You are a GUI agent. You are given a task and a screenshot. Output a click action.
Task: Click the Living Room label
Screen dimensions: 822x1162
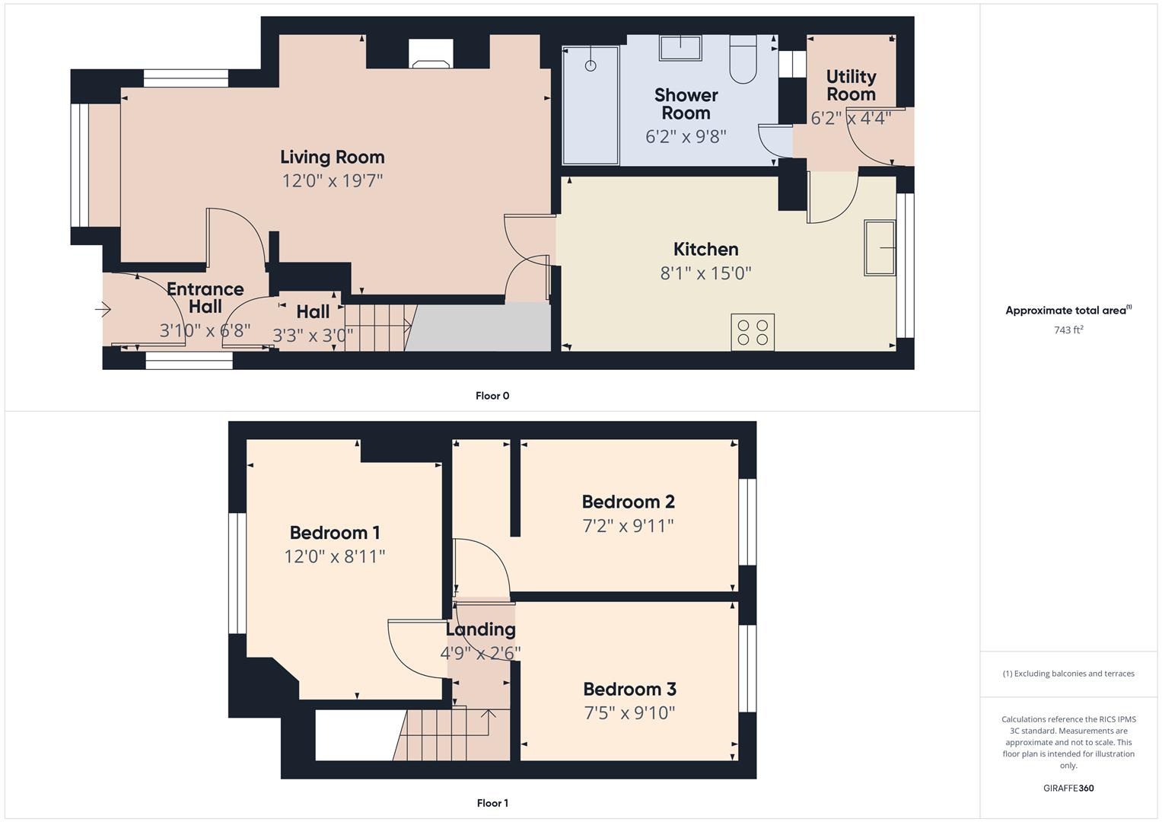click(x=332, y=158)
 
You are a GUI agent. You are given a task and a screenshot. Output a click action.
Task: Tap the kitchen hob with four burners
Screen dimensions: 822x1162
click(x=753, y=333)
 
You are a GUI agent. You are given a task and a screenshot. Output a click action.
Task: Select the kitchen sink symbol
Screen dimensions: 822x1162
click(x=879, y=247)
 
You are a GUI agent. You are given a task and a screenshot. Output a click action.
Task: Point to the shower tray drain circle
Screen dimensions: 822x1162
click(x=591, y=66)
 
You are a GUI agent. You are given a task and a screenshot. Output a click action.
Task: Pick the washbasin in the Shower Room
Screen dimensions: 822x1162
click(x=680, y=47)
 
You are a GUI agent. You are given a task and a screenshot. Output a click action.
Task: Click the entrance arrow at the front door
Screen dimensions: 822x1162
click(x=103, y=309)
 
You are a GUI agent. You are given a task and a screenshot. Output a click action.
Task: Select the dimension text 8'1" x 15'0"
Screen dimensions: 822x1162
click(x=705, y=273)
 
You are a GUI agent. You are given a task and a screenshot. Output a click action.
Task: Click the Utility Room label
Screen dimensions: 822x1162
click(x=851, y=85)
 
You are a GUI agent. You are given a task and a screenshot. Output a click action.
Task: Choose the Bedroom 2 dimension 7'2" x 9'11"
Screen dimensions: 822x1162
click(x=628, y=526)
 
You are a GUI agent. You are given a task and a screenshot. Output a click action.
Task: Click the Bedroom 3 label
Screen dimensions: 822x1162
click(x=629, y=689)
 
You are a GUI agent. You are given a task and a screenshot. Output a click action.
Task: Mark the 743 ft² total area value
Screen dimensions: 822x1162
click(x=1068, y=330)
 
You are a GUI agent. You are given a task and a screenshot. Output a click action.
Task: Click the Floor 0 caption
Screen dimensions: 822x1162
click(x=492, y=396)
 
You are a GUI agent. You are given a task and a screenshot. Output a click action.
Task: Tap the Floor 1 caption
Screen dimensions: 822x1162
click(x=492, y=803)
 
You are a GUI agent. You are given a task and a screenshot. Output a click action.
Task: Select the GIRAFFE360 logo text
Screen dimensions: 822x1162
click(x=1068, y=788)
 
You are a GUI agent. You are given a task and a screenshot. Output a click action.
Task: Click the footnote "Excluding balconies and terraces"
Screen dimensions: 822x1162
click(x=1068, y=674)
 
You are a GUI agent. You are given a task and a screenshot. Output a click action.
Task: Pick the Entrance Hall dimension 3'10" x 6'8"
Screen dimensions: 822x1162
click(x=205, y=331)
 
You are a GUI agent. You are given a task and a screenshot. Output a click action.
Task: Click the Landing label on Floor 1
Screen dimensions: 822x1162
click(x=480, y=629)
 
